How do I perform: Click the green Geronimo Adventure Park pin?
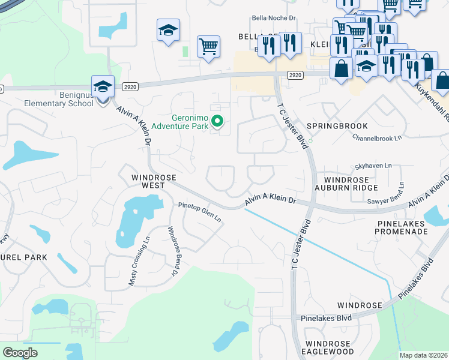coord(218,122)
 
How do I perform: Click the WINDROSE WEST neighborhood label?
coord(149,181)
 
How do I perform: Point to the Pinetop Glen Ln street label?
coord(199,213)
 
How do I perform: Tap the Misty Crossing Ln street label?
coord(133,264)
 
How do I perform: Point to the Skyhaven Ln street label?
coord(373,166)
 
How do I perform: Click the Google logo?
coord(20,353)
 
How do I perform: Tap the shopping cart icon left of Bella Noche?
coord(208,46)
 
